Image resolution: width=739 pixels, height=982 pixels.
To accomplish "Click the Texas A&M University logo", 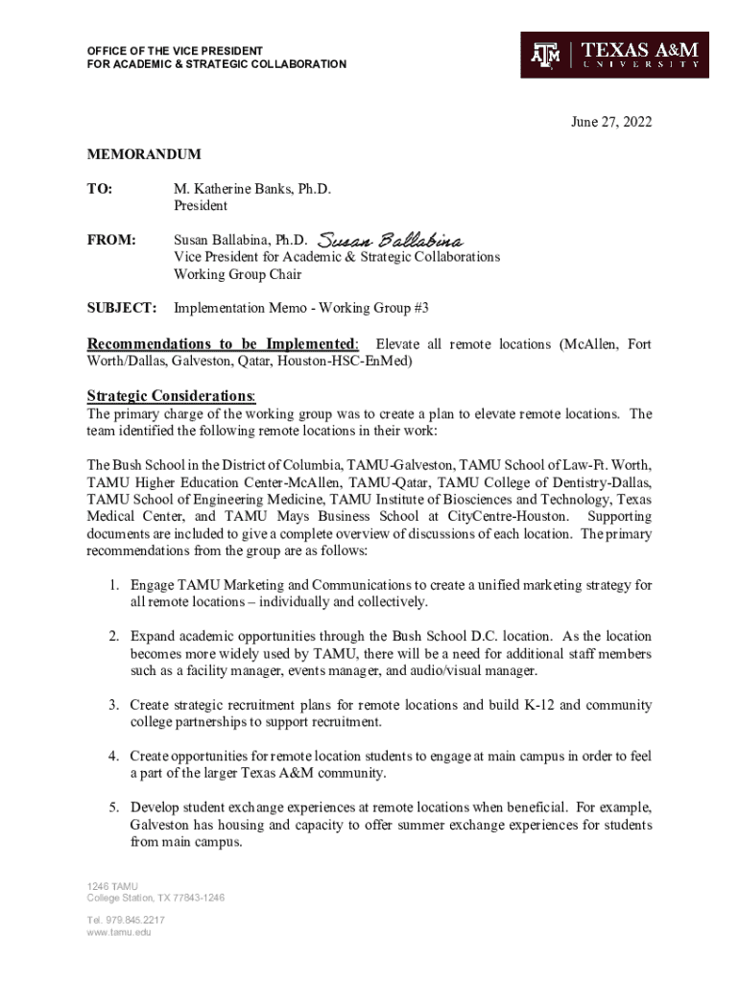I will (614, 55).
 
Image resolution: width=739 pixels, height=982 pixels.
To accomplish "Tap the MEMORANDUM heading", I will (144, 153).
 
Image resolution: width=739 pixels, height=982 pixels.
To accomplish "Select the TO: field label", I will (100, 189).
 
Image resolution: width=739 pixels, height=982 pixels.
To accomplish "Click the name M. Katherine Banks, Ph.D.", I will (252, 189).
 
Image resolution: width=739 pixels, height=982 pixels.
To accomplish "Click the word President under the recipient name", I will (201, 206).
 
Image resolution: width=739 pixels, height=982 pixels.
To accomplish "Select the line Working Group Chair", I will (237, 274).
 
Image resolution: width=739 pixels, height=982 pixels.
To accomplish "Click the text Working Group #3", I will (373, 308).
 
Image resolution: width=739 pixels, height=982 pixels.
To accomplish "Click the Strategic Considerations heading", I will (171, 396).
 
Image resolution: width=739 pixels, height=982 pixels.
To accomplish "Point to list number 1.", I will (112, 584).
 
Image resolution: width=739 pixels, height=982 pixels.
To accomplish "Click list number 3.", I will (112, 705).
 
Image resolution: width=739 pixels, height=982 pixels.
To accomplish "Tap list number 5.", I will (112, 807).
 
